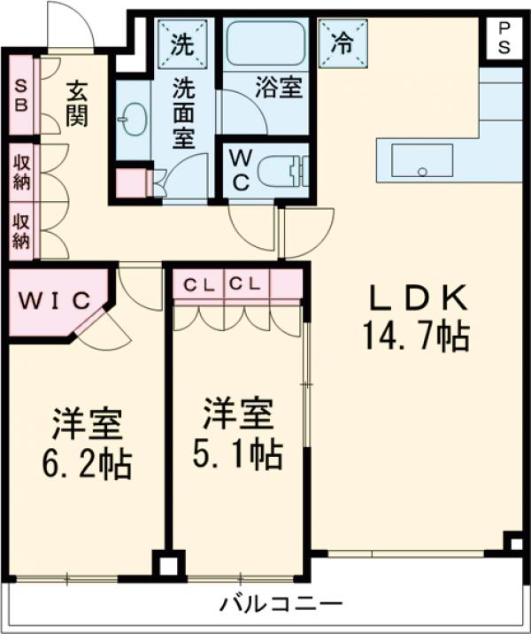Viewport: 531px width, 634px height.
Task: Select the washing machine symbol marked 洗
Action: (x=181, y=41)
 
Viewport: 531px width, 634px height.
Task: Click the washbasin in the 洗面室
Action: (x=134, y=120)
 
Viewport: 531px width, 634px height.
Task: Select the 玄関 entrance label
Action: (x=77, y=102)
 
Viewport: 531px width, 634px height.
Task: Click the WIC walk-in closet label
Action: (x=55, y=300)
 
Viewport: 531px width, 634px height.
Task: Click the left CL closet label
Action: (x=196, y=285)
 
